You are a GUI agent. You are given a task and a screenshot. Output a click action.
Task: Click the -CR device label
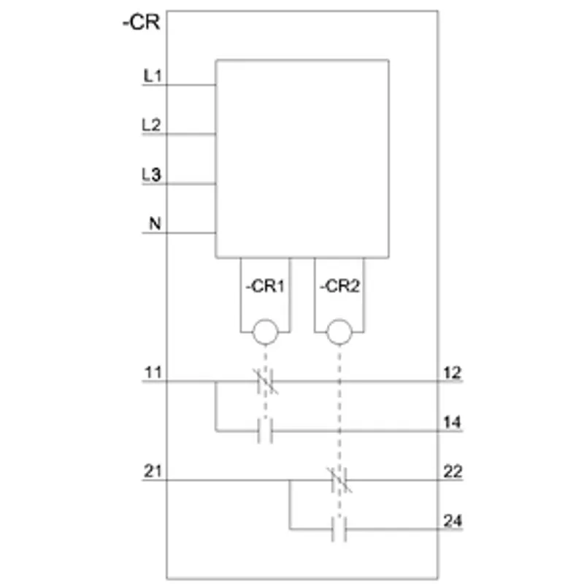point(142,23)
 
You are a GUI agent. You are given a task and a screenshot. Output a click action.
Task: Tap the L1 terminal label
point(153,76)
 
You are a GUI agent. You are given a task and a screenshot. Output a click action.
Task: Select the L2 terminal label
point(151,125)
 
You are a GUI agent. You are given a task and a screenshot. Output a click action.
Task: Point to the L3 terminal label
point(151,174)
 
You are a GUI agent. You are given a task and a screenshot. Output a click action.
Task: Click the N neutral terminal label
point(155,223)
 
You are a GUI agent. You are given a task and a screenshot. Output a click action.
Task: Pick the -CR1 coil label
point(265,286)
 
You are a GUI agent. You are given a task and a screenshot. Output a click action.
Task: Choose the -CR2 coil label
point(339,286)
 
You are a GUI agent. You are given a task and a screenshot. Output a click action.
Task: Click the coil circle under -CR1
point(265,332)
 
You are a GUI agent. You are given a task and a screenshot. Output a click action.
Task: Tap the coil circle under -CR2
point(339,332)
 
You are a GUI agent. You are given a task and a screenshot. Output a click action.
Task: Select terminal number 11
point(153,372)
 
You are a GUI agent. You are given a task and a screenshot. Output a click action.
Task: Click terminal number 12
point(453,373)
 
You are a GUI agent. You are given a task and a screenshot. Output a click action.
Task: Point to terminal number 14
point(453,422)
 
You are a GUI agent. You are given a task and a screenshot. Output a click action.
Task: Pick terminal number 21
point(153,471)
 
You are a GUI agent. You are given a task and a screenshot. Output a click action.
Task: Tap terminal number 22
point(453,472)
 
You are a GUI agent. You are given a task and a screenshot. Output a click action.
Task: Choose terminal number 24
point(453,520)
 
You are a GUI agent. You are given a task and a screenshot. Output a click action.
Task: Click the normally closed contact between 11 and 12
point(265,381)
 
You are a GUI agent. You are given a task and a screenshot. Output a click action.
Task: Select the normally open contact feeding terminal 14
point(265,431)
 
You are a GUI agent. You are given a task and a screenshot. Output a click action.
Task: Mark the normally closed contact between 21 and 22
point(339,480)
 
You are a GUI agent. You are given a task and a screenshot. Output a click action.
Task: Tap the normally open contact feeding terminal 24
point(339,529)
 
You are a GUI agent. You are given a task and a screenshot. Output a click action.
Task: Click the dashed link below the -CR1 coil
point(265,381)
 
